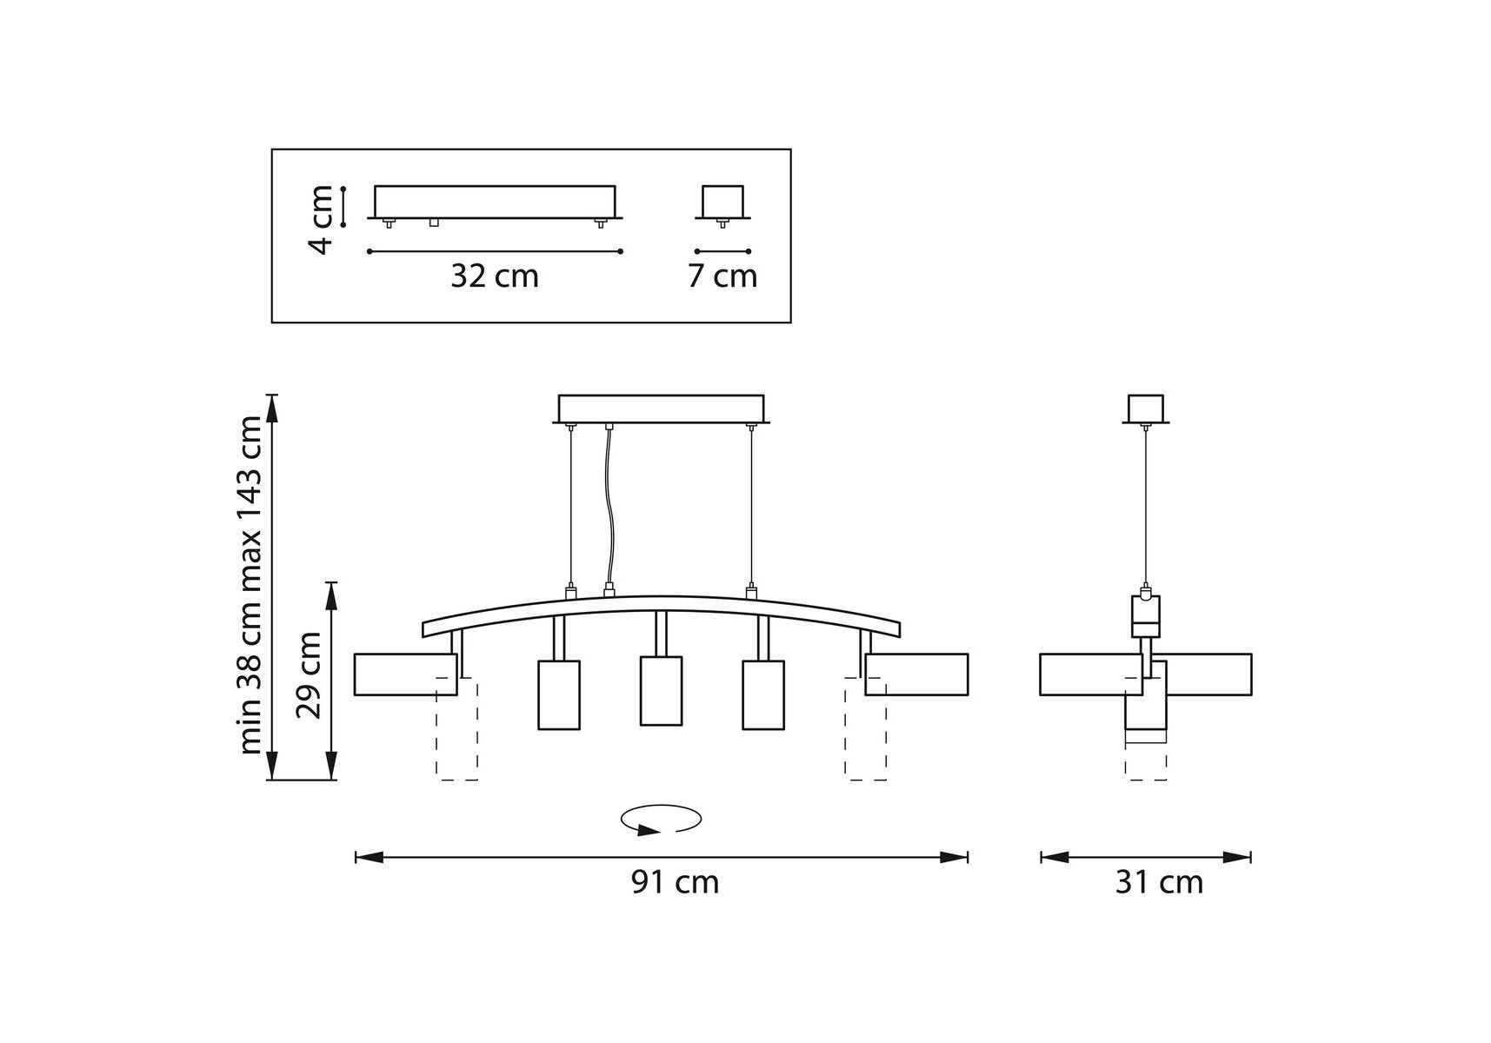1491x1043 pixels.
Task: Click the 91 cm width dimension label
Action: pyautogui.click(x=675, y=882)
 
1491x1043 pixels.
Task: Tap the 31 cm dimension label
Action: pyautogui.click(x=1159, y=882)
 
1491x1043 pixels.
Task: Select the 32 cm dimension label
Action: pyautogui.click(x=495, y=276)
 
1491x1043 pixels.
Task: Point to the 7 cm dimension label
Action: pyautogui.click(x=722, y=276)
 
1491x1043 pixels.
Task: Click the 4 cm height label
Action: pyautogui.click(x=321, y=219)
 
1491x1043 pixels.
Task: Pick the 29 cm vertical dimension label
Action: pyautogui.click(x=309, y=675)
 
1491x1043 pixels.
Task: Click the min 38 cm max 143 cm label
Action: pyautogui.click(x=250, y=585)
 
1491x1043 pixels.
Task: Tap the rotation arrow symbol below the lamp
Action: pyautogui.click(x=661, y=820)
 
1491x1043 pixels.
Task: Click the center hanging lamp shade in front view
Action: pyautogui.click(x=661, y=690)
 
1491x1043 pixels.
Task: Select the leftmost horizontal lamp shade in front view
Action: pyautogui.click(x=405, y=674)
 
